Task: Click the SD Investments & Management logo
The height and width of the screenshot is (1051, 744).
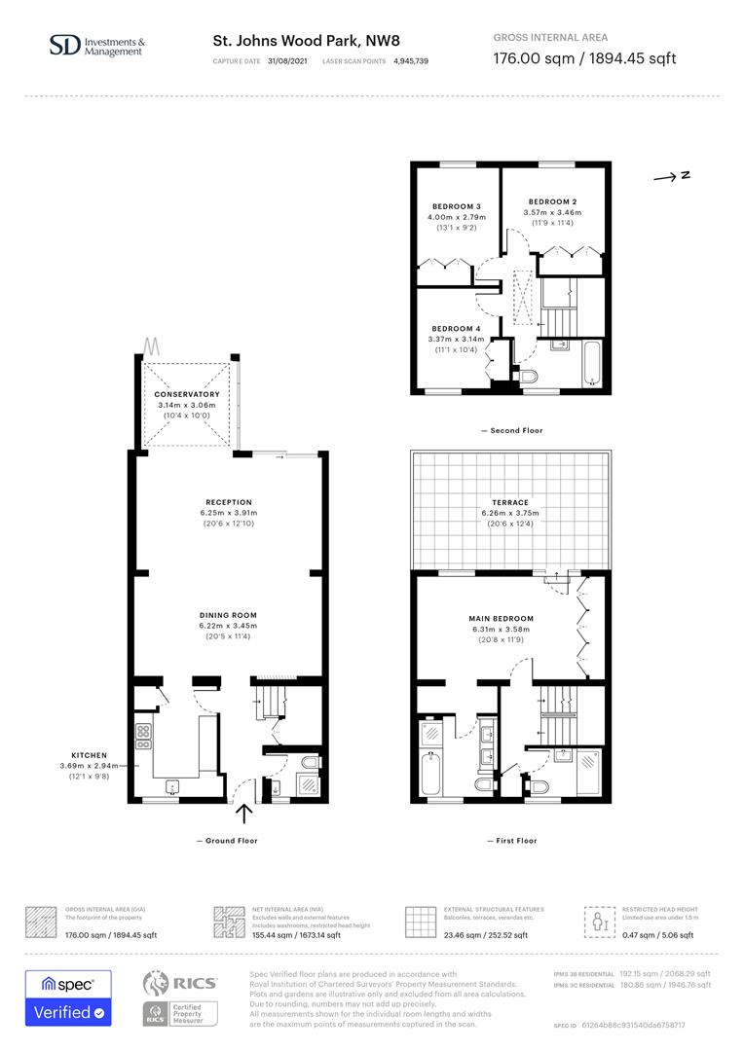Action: (x=97, y=45)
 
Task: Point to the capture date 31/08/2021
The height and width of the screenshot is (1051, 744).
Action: (x=288, y=60)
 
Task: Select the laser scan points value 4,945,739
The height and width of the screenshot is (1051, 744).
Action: (x=410, y=60)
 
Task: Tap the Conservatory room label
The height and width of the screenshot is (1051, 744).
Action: (x=188, y=394)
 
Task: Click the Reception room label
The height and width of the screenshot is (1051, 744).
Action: (x=228, y=502)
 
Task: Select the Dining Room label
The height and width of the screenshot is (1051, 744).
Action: (x=228, y=615)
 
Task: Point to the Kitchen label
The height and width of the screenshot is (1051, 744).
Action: (x=90, y=755)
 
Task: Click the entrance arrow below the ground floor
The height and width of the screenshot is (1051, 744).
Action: (x=243, y=814)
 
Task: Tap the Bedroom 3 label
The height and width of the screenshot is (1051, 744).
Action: (x=457, y=206)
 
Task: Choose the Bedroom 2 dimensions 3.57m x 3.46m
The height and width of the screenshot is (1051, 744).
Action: (x=552, y=212)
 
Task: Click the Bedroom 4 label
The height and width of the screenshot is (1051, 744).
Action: (x=456, y=329)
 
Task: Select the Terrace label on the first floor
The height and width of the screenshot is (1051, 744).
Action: (x=511, y=502)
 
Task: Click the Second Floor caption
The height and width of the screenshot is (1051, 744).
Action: (x=511, y=430)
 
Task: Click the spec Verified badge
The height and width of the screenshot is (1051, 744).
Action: (x=68, y=998)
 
